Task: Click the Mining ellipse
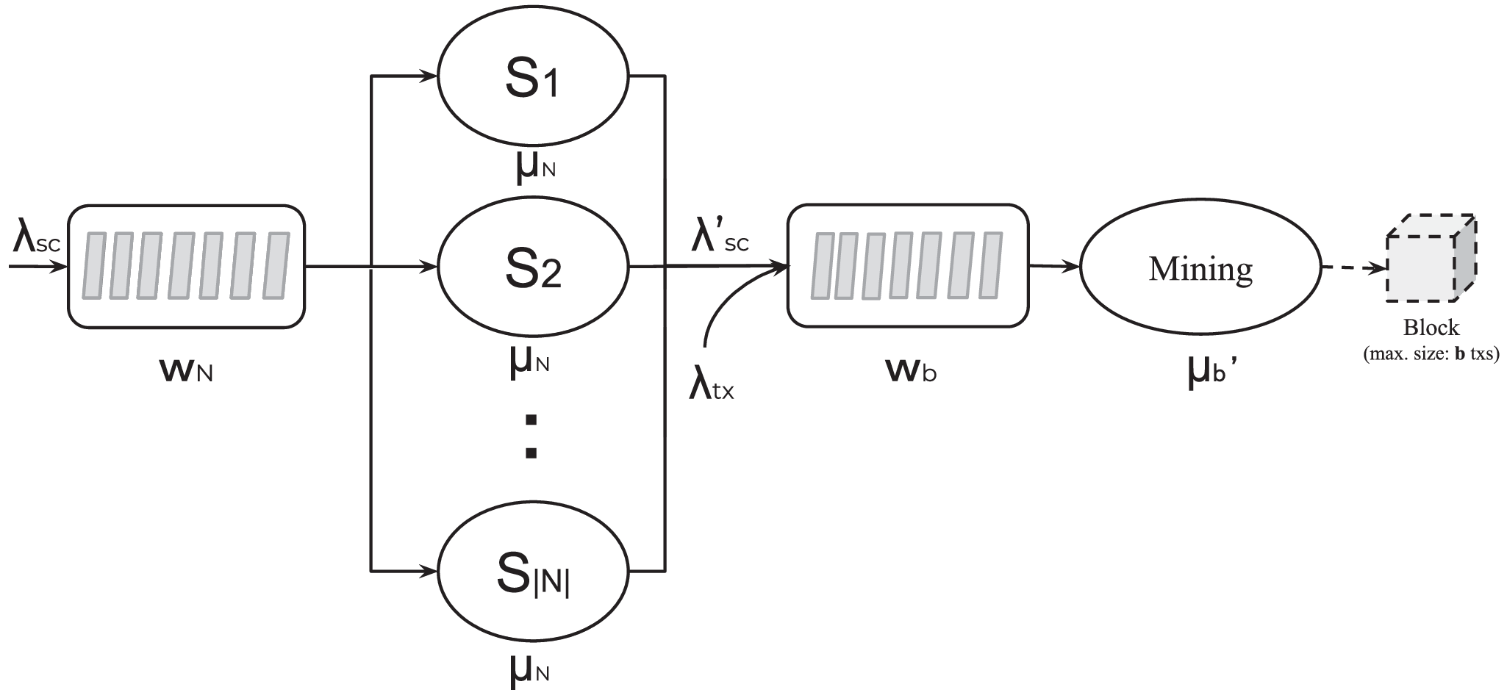pos(1200,268)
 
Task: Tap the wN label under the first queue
pos(186,370)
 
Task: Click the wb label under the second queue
pos(912,371)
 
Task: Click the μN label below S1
pos(532,167)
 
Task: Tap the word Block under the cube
pos(1431,327)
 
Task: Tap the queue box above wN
pos(186,266)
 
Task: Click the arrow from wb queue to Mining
pos(1054,267)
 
